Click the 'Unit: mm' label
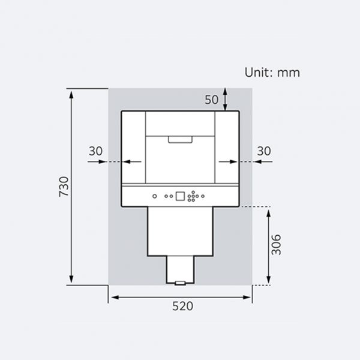(x=272, y=73)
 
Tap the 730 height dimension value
(x=64, y=187)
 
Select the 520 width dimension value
(x=182, y=306)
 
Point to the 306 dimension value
(x=276, y=245)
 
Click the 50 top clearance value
(x=211, y=100)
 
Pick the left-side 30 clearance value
(x=95, y=151)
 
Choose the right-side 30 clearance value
(x=264, y=151)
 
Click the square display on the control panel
(x=180, y=196)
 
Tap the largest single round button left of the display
(x=155, y=196)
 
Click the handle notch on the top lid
(x=180, y=140)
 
